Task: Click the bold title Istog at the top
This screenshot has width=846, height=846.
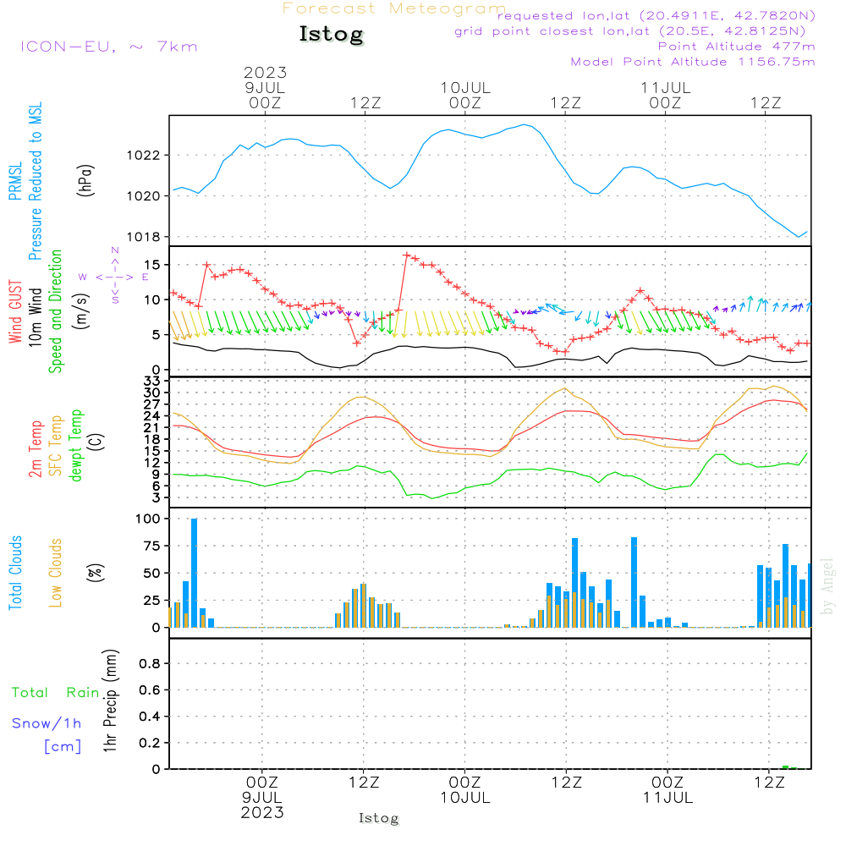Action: click(x=331, y=35)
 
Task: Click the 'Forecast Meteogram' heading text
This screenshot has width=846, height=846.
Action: click(x=394, y=8)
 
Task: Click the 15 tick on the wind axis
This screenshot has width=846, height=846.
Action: click(x=152, y=265)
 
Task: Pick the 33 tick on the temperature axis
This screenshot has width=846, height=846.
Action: click(x=152, y=381)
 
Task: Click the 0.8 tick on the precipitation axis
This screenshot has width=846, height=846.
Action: click(x=150, y=664)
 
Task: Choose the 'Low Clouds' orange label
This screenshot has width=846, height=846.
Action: click(x=56, y=573)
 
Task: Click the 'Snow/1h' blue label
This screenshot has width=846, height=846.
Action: click(x=47, y=723)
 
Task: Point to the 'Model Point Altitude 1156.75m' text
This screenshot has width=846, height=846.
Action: click(x=693, y=62)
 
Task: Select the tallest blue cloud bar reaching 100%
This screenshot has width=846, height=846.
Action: click(x=194, y=572)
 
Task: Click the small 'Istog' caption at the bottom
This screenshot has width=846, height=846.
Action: click(x=378, y=819)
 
